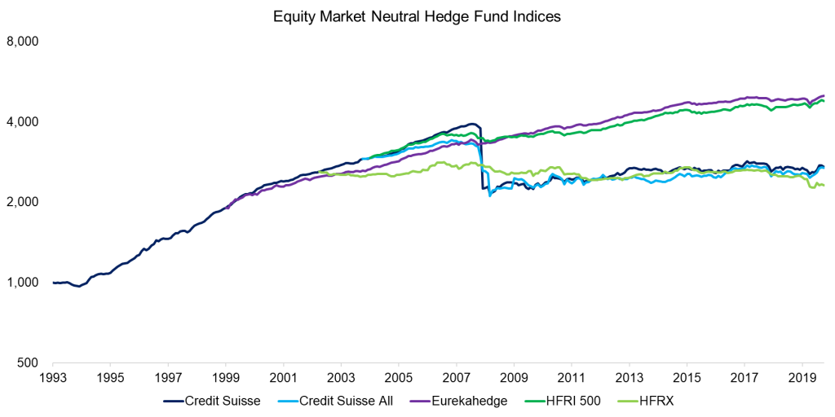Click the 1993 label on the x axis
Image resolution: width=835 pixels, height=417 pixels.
pyautogui.click(x=53, y=379)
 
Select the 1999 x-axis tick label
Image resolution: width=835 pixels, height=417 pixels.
pyautogui.click(x=226, y=379)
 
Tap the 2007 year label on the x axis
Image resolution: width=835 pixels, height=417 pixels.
pyautogui.click(x=456, y=379)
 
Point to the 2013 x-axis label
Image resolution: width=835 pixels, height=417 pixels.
pyautogui.click(x=629, y=379)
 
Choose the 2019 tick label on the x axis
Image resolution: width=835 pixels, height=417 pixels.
pyautogui.click(x=802, y=379)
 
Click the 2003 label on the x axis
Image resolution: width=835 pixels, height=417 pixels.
pyautogui.click(x=341, y=379)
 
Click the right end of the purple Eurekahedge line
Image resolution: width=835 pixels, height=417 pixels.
pyautogui.click(x=824, y=95)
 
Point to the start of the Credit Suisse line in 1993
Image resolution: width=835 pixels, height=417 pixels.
pyautogui.click(x=54, y=283)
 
